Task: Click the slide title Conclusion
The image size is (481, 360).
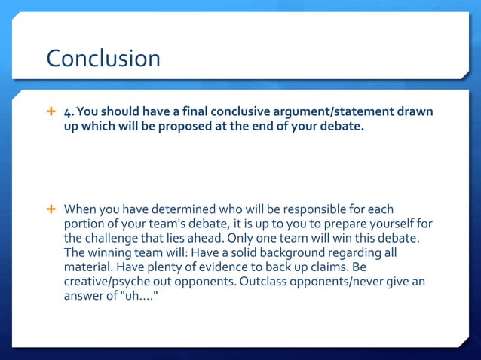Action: (x=103, y=59)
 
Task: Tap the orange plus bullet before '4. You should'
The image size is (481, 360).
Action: (x=51, y=112)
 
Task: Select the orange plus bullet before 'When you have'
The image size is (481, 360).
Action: (x=51, y=208)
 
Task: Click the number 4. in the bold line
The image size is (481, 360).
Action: (x=69, y=113)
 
